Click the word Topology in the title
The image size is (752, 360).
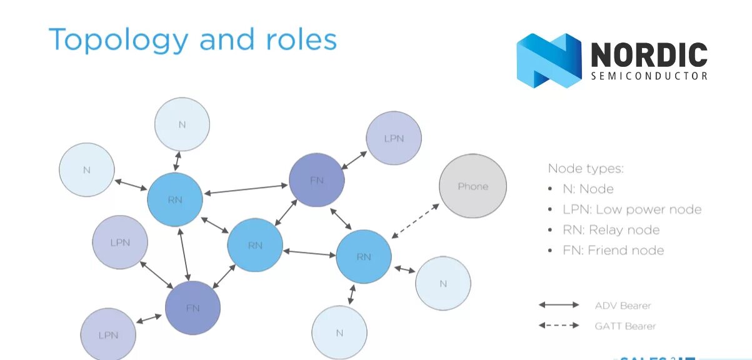pos(118,39)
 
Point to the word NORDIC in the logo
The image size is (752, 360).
pos(649,55)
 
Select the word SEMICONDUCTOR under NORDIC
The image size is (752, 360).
pos(649,76)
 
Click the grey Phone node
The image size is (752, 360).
pos(473,186)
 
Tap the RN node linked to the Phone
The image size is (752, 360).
pos(364,256)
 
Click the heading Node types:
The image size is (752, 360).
pos(586,168)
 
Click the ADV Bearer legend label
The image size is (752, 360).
pos(623,306)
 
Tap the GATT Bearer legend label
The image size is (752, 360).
pos(625,326)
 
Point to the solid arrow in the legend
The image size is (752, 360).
pos(559,305)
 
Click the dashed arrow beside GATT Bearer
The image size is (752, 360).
pos(559,325)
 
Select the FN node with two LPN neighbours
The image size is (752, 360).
pos(193,307)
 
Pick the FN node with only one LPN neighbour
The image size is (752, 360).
pos(317,180)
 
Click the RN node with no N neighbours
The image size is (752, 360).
pos(255,245)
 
